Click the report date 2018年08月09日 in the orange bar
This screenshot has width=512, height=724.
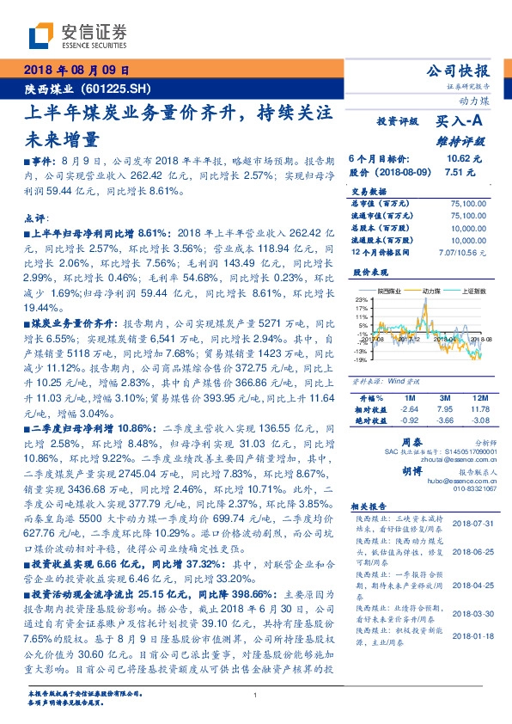click(76, 71)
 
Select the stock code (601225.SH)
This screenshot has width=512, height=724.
click(121, 88)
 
